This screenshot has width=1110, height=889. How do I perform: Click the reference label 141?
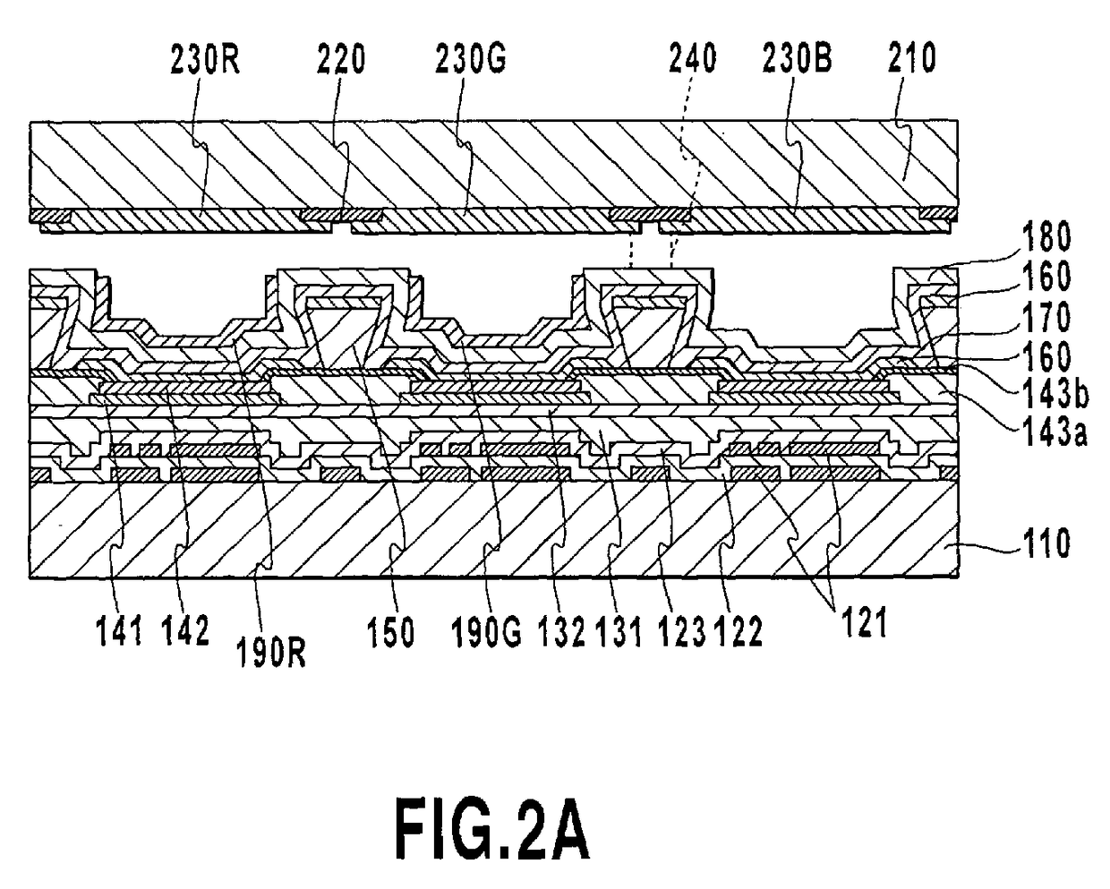119,632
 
